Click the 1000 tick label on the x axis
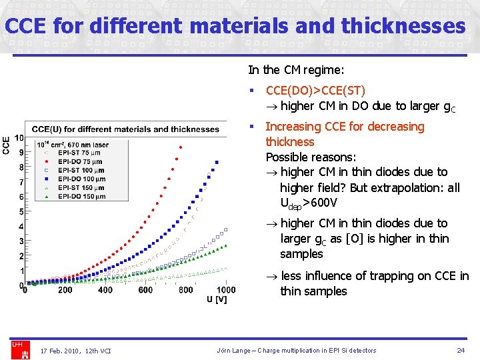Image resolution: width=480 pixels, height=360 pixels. point(225,290)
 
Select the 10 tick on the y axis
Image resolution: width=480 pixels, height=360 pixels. point(19,138)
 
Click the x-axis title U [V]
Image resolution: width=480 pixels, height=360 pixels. point(217,299)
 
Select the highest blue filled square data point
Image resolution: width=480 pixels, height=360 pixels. point(217,161)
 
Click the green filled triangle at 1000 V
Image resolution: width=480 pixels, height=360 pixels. point(225,245)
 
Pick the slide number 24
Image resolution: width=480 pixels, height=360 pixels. point(460,351)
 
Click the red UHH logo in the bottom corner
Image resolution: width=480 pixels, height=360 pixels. point(17,349)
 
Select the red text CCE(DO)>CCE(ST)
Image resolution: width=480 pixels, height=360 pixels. point(315,90)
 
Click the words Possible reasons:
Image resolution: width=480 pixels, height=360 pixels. point(311,157)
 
